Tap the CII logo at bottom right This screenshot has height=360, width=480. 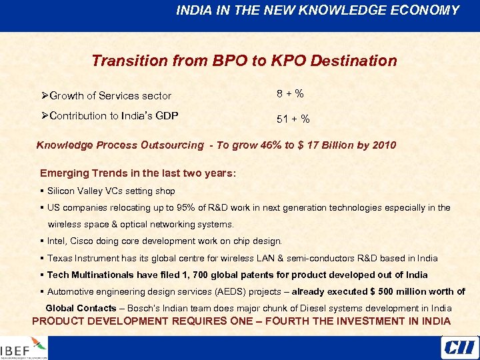(x=458, y=347)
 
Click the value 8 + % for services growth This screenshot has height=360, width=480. (x=291, y=94)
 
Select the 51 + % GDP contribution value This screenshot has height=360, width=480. (x=293, y=119)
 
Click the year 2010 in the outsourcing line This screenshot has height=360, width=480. (x=384, y=145)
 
